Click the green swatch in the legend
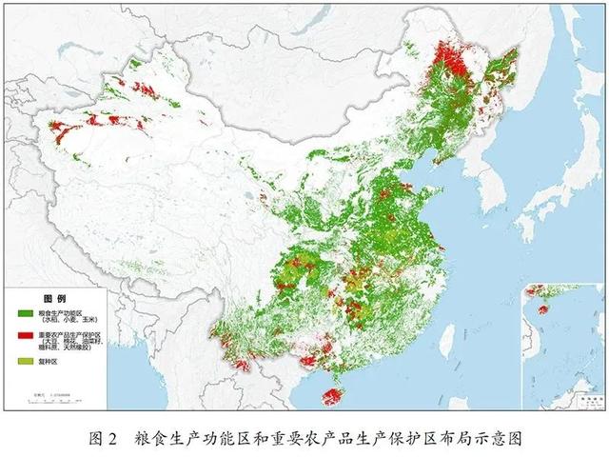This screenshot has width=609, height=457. pos(26,313)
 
